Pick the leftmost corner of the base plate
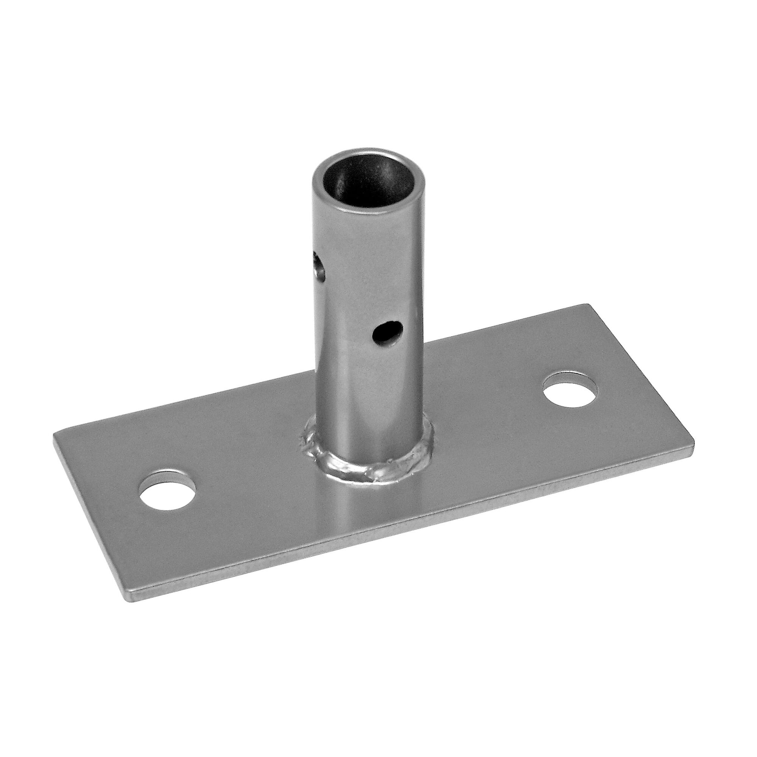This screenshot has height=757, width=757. pos(54,435)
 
